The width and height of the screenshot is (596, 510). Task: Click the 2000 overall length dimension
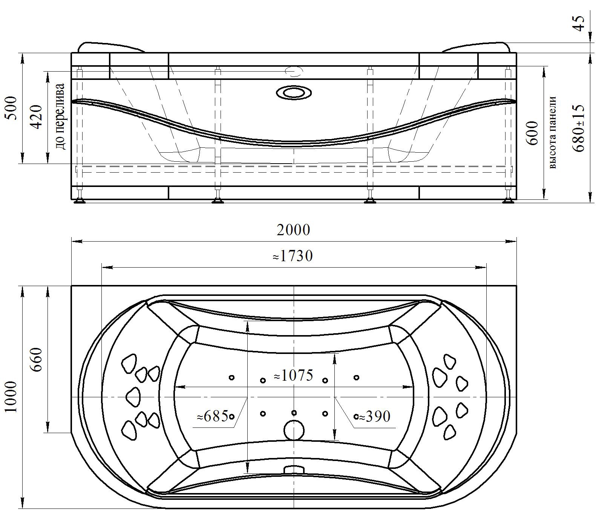[293, 230]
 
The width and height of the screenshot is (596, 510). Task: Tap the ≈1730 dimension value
[293, 256]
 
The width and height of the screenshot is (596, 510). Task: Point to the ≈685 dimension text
[213, 416]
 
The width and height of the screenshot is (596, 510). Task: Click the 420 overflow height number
[36, 117]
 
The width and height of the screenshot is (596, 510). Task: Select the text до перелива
[60, 116]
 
